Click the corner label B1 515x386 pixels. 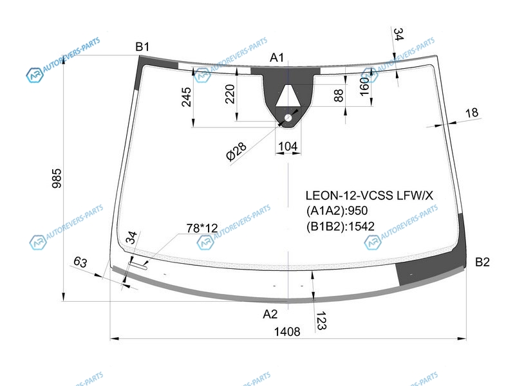click(142, 47)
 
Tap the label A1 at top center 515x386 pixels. click(277, 58)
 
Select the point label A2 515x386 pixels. click(270, 314)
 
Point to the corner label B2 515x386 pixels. click(482, 262)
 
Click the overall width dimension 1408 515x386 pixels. click(287, 331)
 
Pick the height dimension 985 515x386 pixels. click(57, 178)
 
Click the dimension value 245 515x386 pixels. click(186, 97)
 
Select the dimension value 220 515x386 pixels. click(230, 94)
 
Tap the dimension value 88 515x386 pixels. click(339, 95)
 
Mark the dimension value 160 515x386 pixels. click(364, 86)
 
